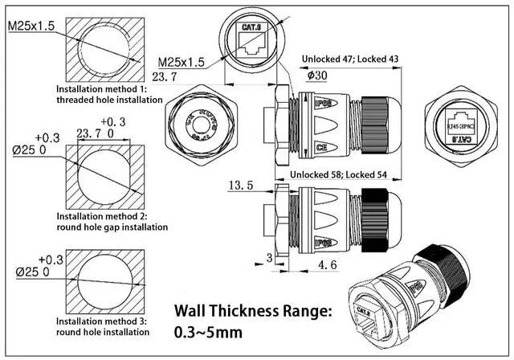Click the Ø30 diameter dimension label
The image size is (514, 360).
pyautogui.click(x=318, y=76)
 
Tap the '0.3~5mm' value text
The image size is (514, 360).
pyautogui.click(x=205, y=331)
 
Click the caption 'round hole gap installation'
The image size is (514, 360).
pyautogui.click(x=112, y=227)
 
